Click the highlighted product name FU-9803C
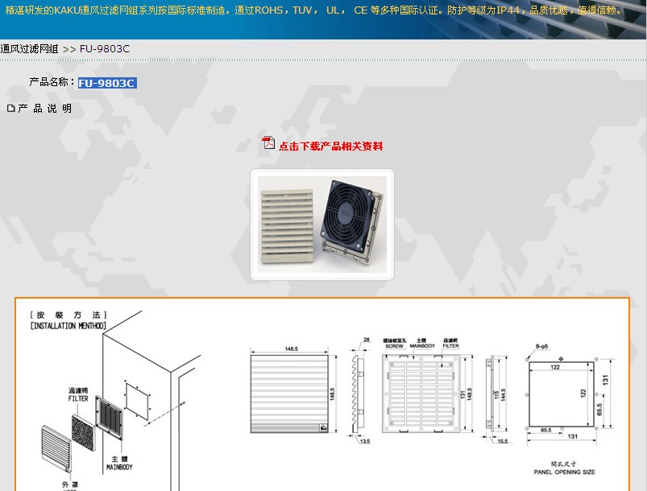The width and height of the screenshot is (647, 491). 106,83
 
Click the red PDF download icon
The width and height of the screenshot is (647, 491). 269,143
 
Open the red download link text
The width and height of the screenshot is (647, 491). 330,146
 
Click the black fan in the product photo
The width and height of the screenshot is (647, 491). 349,218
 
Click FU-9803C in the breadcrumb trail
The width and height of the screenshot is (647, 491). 105,49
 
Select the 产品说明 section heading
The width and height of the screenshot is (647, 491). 44,109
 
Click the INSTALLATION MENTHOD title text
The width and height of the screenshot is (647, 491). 68,326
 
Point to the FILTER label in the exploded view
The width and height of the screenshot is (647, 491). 78,398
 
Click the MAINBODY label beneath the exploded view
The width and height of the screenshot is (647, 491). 119,467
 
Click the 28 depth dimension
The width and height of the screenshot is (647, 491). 367,339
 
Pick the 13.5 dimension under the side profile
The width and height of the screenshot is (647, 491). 364,441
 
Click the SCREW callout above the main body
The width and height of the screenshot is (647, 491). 394,345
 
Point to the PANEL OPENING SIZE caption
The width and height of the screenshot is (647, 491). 565,472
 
